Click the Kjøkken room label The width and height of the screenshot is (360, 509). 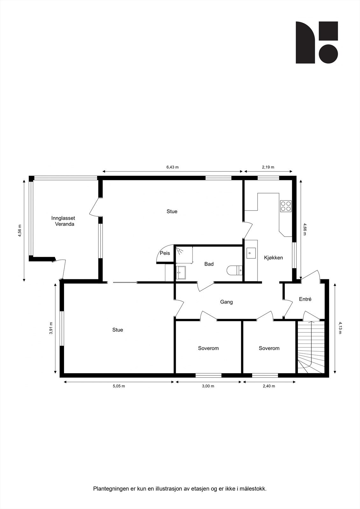click(x=273, y=258)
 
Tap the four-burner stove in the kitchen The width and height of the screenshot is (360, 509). click(x=286, y=206)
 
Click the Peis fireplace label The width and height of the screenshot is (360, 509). click(x=165, y=254)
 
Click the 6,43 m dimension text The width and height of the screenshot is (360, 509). click(x=173, y=167)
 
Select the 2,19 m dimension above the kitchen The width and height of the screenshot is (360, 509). click(x=268, y=167)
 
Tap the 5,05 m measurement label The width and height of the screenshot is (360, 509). click(x=119, y=386)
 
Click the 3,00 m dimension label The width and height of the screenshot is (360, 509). click(x=208, y=386)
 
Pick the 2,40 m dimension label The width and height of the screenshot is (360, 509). click(x=269, y=386)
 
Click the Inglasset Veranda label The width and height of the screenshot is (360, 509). click(x=63, y=221)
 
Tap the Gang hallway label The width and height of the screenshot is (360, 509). click(x=226, y=302)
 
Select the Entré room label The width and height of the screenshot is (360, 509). click(x=305, y=299)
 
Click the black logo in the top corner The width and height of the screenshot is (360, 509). click(x=317, y=42)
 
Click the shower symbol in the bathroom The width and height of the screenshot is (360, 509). click(x=180, y=251)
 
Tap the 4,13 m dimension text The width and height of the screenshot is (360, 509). click(x=340, y=328)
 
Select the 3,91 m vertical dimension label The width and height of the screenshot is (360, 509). click(x=51, y=328)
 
